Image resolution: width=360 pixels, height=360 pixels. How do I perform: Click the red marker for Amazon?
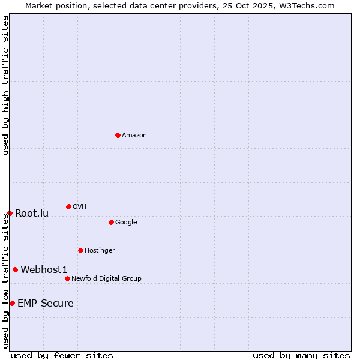(x=118, y=135)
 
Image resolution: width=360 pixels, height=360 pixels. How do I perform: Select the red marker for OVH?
(x=68, y=206)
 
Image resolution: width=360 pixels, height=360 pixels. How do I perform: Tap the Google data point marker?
(x=111, y=222)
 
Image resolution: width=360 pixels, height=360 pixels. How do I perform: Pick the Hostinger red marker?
(x=80, y=250)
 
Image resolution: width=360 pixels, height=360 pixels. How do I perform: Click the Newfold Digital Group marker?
(x=67, y=278)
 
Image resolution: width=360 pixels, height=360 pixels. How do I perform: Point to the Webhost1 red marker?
(x=15, y=269)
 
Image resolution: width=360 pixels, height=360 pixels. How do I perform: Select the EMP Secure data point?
(x=12, y=303)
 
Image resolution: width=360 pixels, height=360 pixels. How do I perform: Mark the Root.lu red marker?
(x=10, y=213)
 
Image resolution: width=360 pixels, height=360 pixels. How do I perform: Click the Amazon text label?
(x=134, y=136)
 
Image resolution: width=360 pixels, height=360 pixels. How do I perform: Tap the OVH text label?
(x=80, y=207)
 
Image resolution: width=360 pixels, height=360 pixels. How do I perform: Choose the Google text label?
(x=126, y=223)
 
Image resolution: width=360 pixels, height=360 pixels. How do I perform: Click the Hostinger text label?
(x=100, y=251)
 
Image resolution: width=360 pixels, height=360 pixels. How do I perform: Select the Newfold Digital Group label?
(x=106, y=279)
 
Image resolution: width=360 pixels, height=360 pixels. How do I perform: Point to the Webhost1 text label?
(x=44, y=270)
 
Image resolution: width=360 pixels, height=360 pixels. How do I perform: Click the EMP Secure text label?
(x=46, y=304)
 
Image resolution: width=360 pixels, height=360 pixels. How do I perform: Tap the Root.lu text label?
(x=32, y=214)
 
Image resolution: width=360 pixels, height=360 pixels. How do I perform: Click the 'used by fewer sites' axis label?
(x=62, y=355)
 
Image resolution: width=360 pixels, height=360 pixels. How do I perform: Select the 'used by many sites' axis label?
(x=301, y=355)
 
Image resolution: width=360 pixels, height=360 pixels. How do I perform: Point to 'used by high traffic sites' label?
(x=5, y=85)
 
